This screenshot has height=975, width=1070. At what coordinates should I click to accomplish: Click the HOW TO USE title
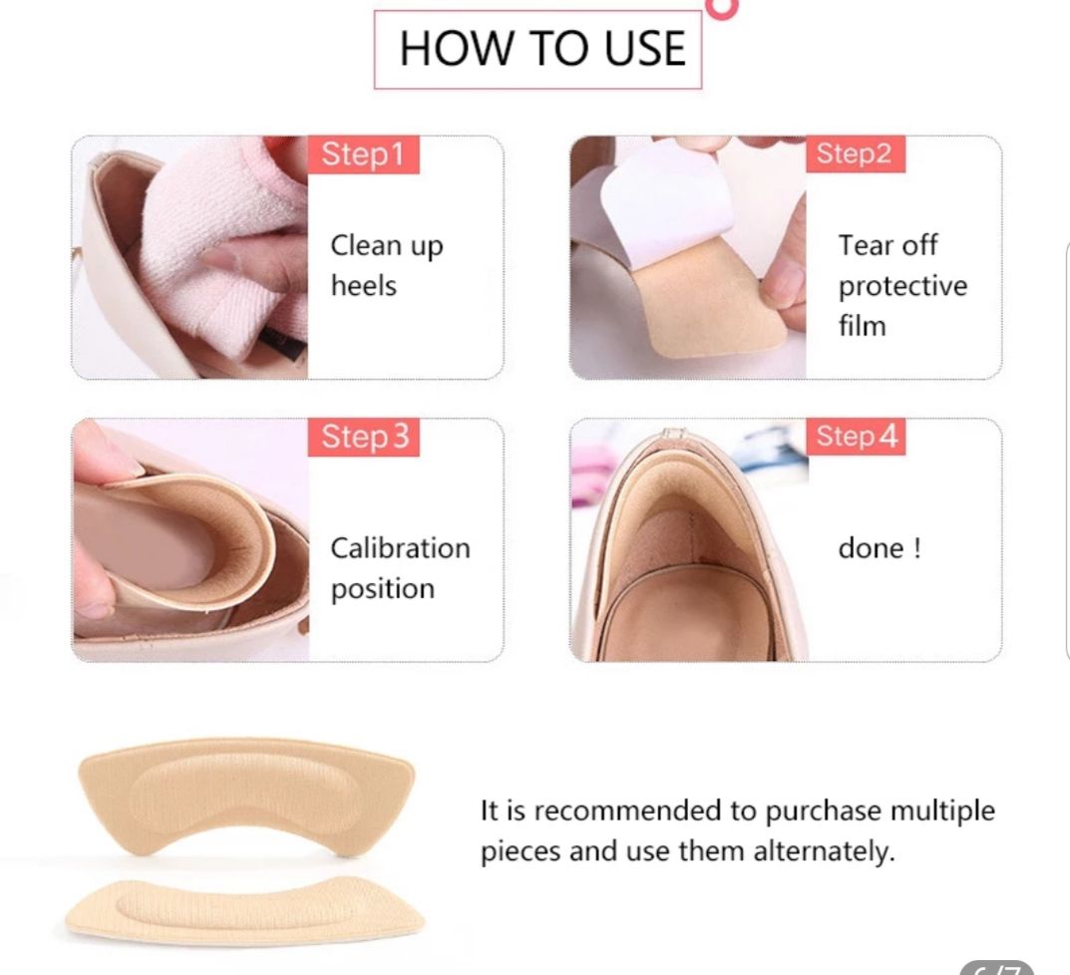coord(541,49)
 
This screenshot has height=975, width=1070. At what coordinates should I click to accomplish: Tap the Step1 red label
coord(363,155)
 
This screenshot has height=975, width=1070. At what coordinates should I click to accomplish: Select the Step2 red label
coord(855,154)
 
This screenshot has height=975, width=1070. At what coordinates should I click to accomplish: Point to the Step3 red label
coord(364,437)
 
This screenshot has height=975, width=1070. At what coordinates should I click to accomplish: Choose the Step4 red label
coord(857,436)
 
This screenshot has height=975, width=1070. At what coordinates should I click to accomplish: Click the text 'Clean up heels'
coord(387,265)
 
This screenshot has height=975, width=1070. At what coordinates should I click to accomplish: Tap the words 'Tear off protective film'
coord(902,285)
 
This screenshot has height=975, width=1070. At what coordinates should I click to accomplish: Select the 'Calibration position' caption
coord(401,568)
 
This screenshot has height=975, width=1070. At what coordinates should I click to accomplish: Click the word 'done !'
coord(880,548)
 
